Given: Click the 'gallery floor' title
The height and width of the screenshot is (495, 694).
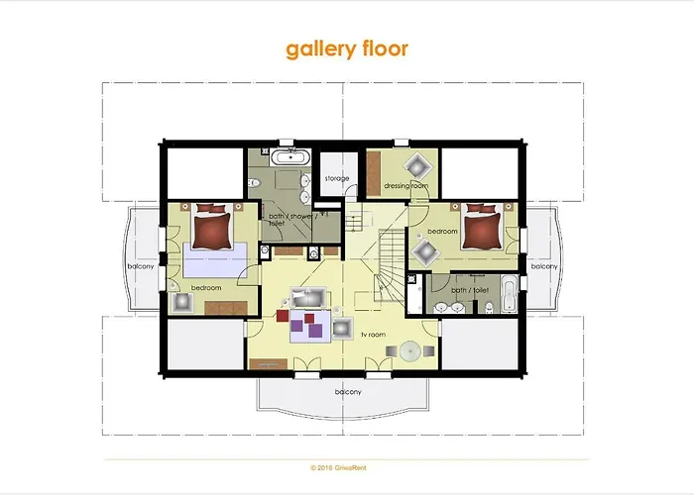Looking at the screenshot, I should [x=346, y=49].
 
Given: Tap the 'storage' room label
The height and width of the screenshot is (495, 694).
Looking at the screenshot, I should [x=336, y=179].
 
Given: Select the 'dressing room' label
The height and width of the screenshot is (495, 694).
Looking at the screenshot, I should [x=405, y=185].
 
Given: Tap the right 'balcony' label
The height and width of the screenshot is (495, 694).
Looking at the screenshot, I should [x=543, y=265].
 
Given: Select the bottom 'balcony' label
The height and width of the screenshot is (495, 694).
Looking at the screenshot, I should [x=347, y=392].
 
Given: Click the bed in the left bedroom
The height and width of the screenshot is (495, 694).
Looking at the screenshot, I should [x=215, y=229].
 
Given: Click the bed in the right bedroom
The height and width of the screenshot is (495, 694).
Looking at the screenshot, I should [x=479, y=229].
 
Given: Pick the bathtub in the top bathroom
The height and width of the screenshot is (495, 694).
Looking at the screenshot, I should [x=290, y=156].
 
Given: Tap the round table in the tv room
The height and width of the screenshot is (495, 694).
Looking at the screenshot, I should [x=408, y=349].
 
